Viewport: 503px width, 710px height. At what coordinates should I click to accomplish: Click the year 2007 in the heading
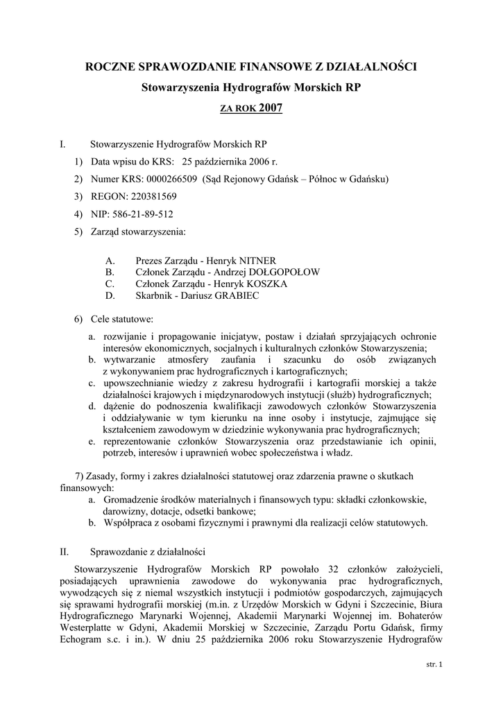click(271, 108)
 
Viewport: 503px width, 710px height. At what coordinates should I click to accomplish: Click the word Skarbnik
click(153, 296)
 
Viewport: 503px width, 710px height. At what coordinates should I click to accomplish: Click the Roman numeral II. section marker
click(65, 553)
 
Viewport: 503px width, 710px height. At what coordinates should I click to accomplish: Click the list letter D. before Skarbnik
click(110, 296)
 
